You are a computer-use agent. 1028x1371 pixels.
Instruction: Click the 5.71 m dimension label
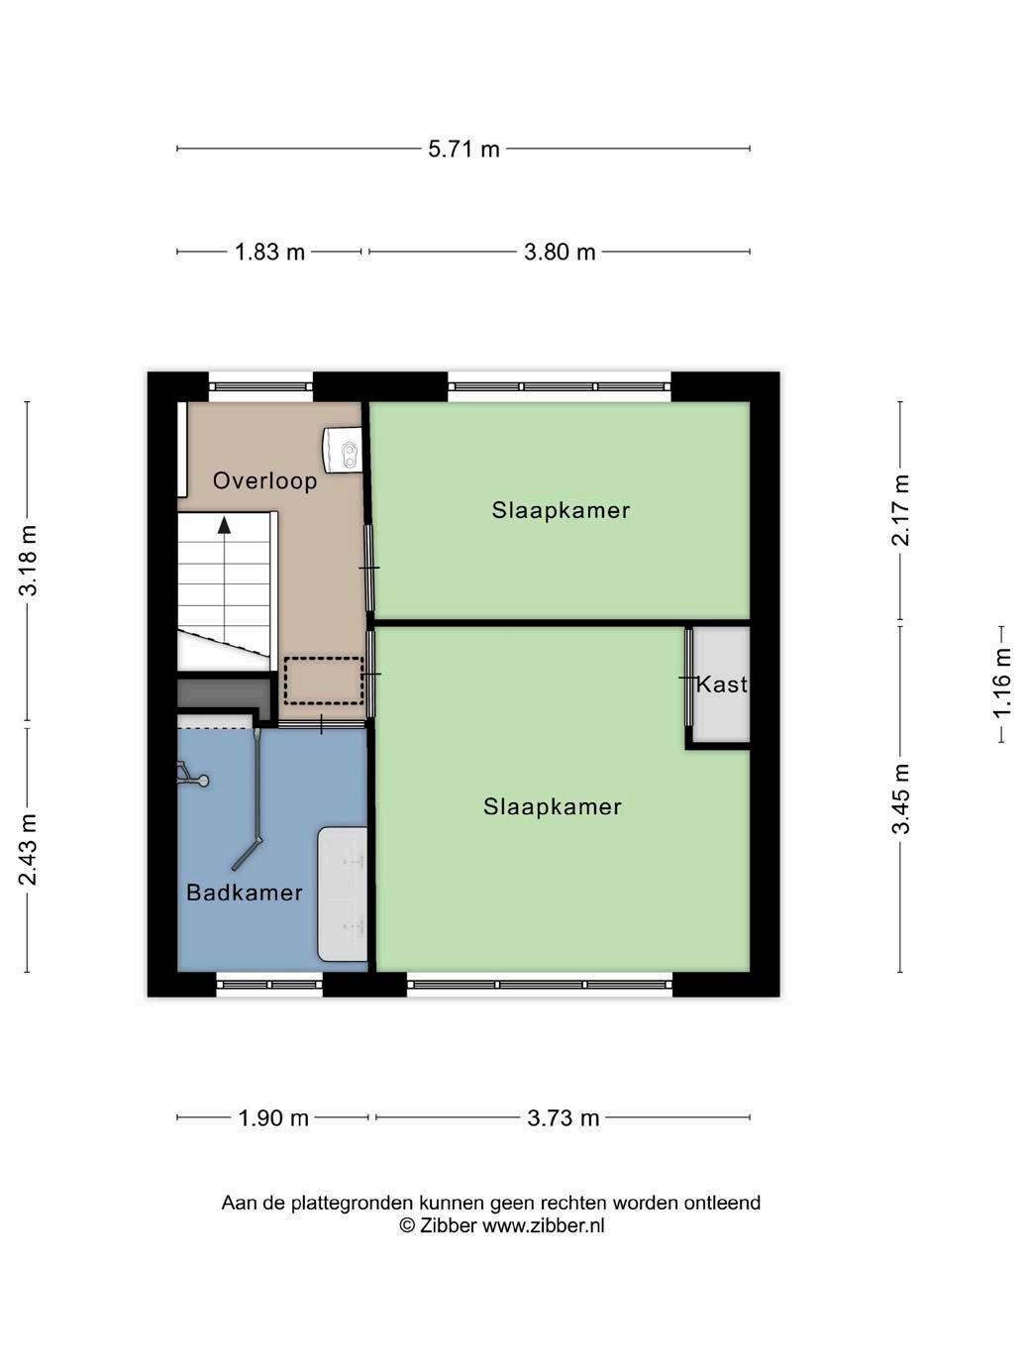coord(463,150)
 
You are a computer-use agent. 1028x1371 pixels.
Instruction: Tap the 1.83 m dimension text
coord(269,253)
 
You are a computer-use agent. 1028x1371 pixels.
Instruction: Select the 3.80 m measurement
coord(560,253)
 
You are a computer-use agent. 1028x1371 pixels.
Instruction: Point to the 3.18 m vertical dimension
coord(28,561)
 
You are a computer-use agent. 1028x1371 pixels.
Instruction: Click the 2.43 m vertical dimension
coord(28,850)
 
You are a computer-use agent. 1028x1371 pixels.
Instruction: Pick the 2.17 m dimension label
coord(900,510)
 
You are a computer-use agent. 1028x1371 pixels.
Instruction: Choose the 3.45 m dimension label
coord(900,798)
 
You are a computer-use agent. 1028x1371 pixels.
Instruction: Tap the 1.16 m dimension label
coord(1001,684)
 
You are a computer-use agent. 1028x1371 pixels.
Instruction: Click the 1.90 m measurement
coord(273,1117)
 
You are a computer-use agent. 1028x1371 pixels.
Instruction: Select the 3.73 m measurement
coord(563,1117)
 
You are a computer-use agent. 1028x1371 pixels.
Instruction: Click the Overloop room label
coord(265,481)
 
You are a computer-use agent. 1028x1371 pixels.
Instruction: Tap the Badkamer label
coord(245,893)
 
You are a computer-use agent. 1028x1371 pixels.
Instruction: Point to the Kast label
coord(722,684)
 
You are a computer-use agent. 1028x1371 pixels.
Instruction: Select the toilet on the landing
coord(343,448)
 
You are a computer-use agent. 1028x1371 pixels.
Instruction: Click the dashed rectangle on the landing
coord(323,681)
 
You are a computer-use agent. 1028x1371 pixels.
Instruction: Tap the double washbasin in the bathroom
coord(342,896)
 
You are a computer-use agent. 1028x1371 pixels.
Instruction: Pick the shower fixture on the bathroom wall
coord(192,774)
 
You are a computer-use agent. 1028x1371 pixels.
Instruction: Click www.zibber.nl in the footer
coord(544,1225)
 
